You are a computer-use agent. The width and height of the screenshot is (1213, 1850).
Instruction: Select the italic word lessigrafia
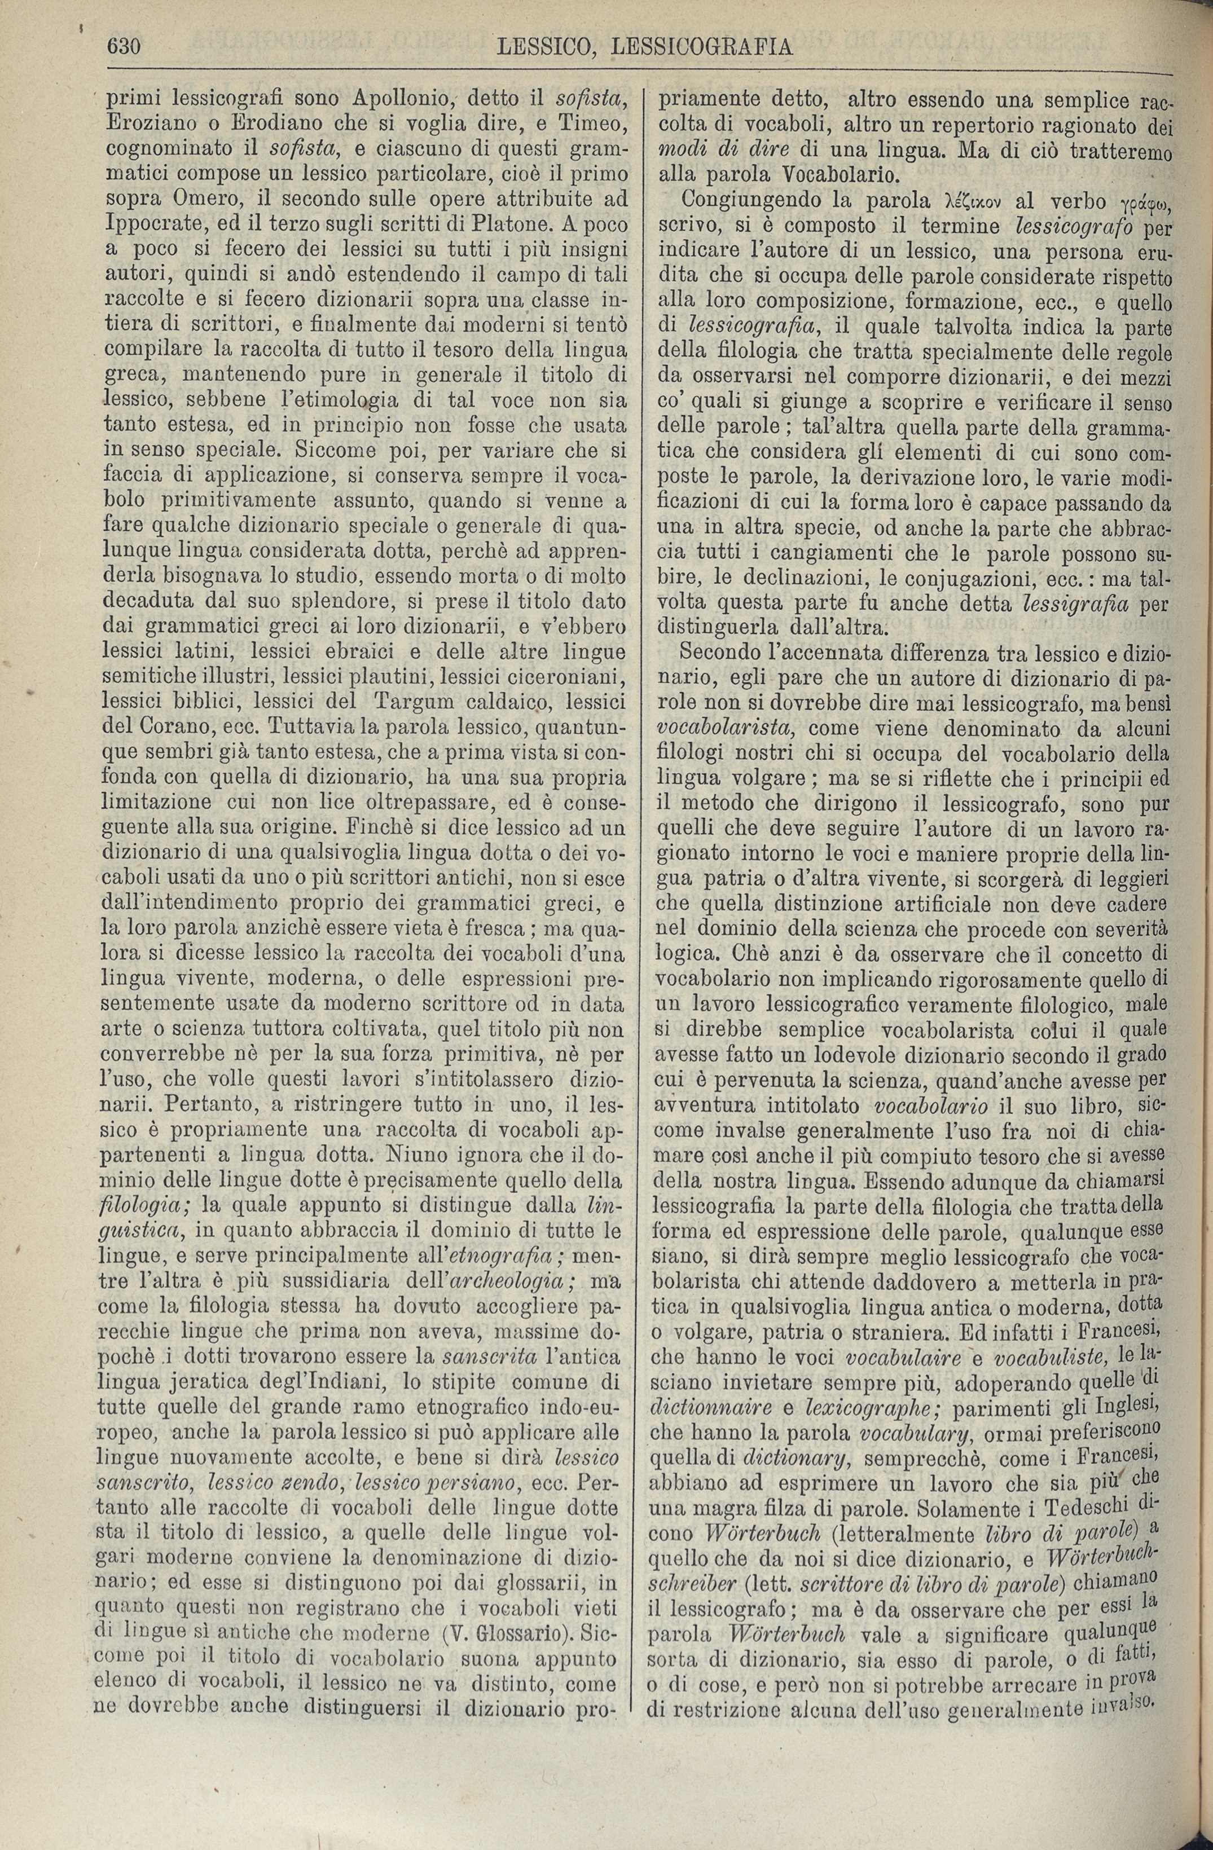(x=1073, y=601)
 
